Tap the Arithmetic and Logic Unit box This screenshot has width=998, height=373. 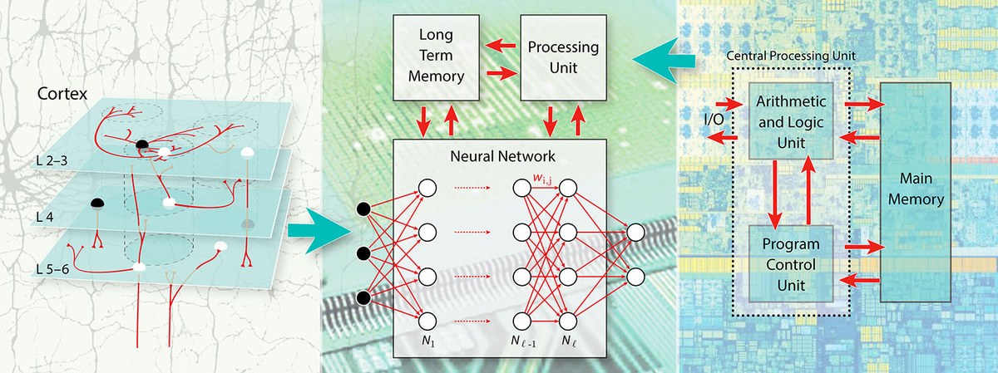click(x=790, y=121)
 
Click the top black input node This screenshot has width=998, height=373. click(x=363, y=209)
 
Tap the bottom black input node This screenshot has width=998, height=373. click(x=363, y=297)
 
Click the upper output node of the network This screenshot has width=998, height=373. click(x=636, y=232)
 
